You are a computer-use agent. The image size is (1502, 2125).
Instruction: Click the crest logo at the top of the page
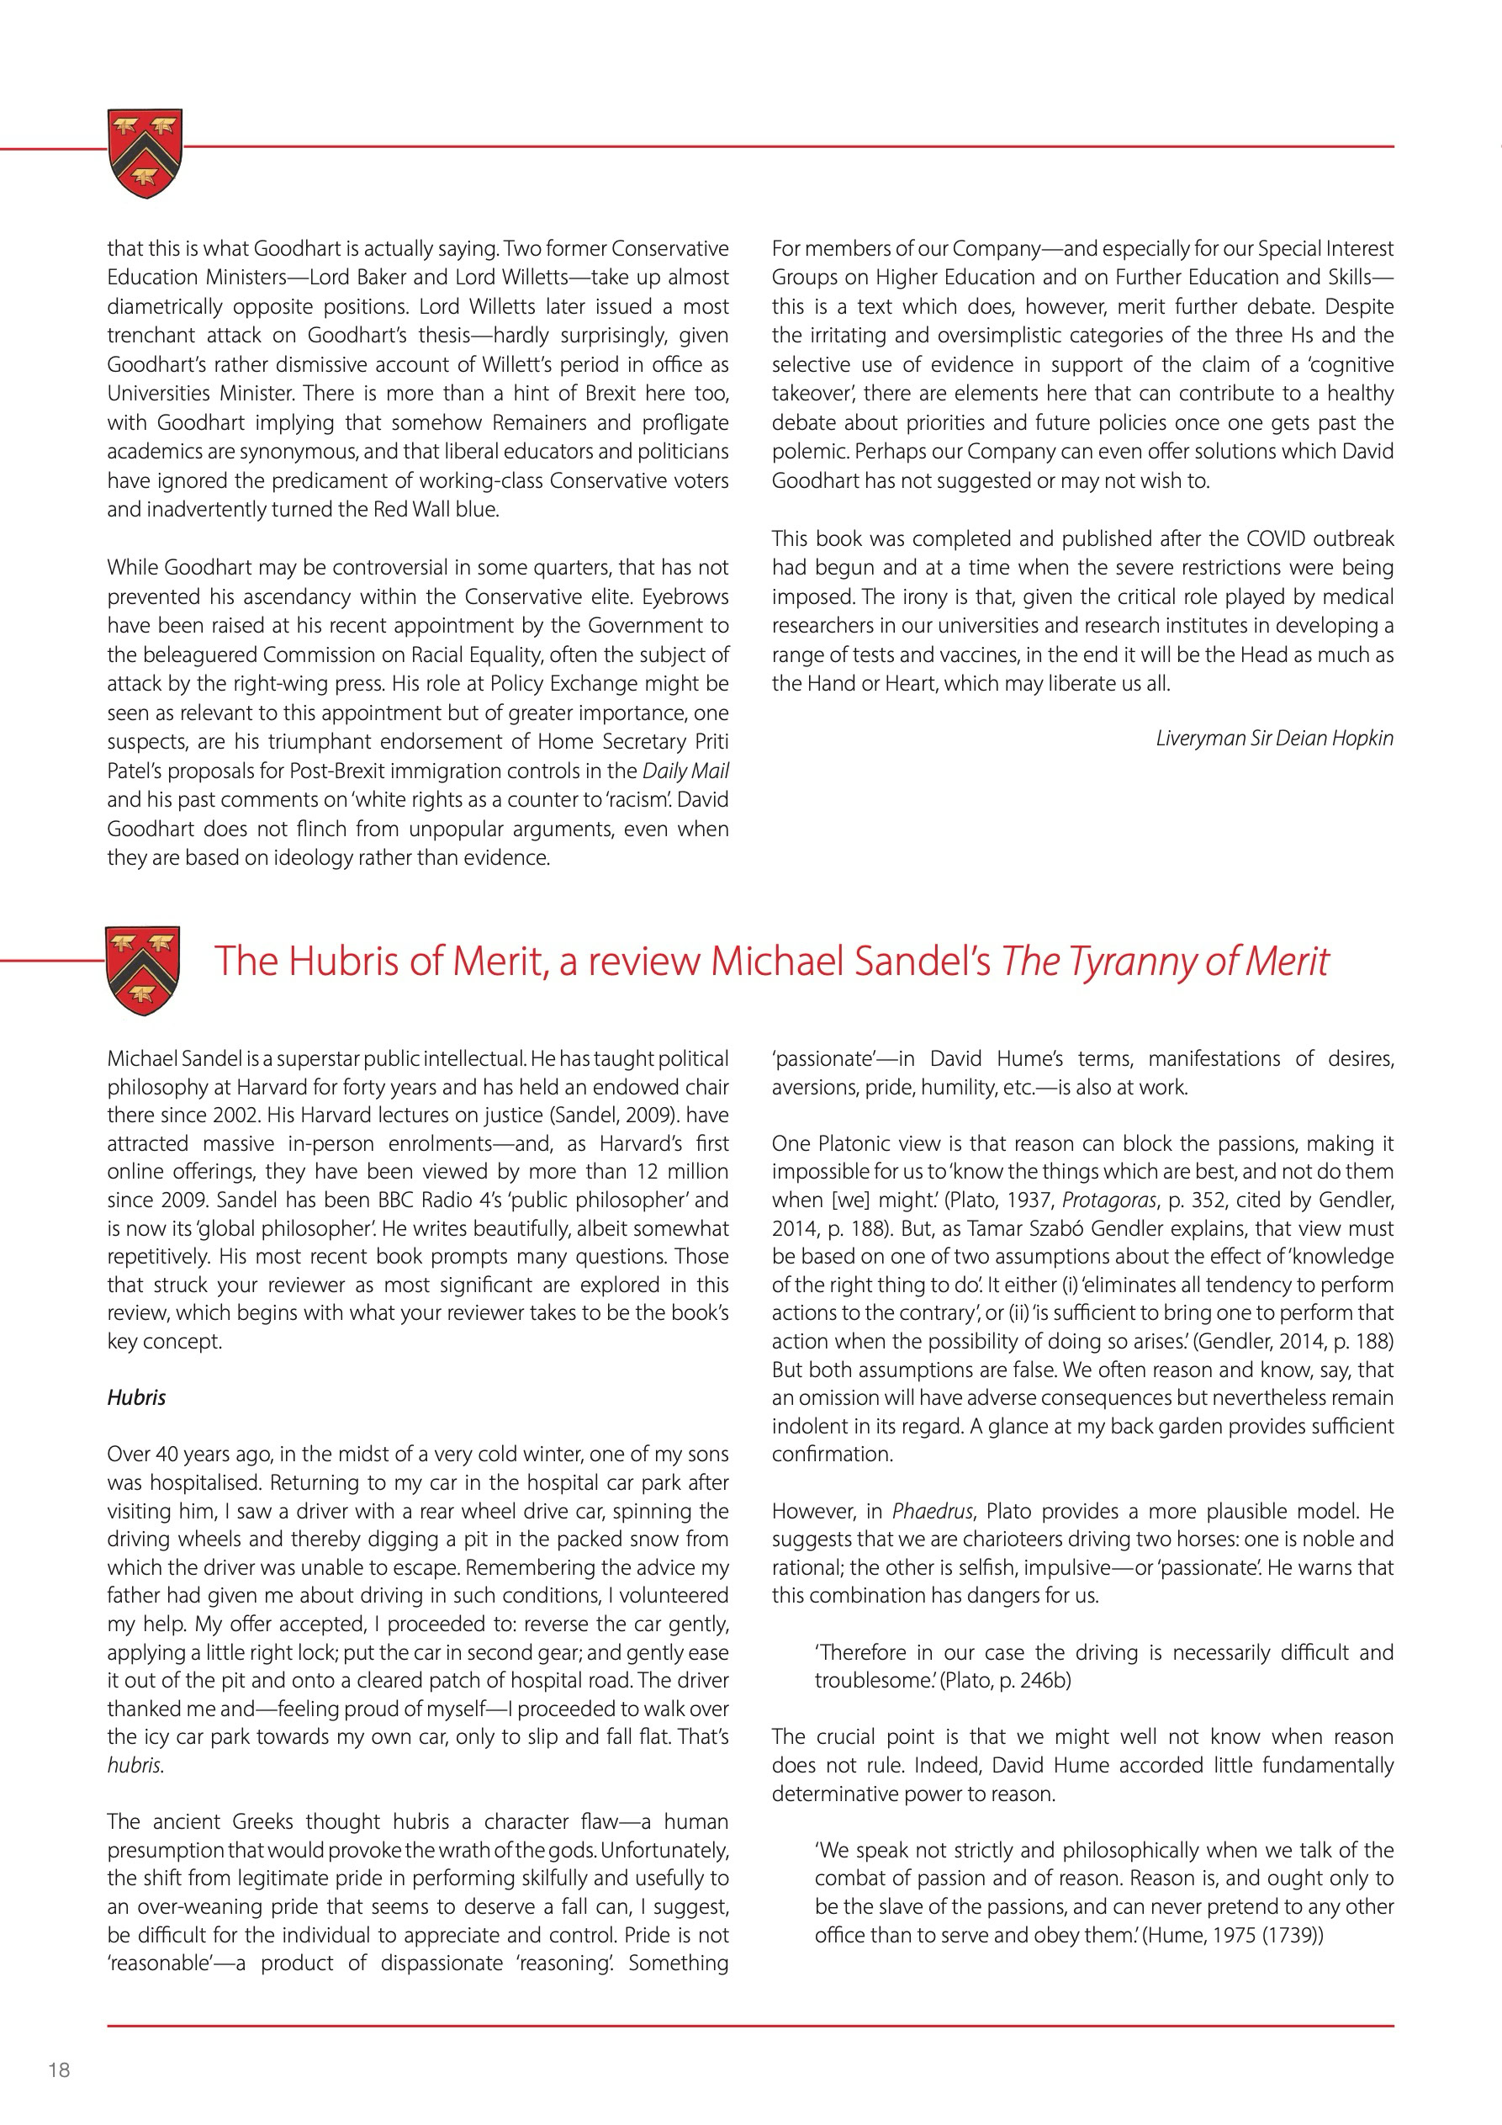pyautogui.click(x=145, y=153)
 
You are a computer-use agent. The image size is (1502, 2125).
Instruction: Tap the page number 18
pyautogui.click(x=59, y=2069)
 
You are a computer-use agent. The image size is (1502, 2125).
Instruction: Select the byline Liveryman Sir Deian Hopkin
pyautogui.click(x=1273, y=738)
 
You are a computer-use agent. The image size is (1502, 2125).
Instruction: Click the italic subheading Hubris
pyautogui.click(x=136, y=1396)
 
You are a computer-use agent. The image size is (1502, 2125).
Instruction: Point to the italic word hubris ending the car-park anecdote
pyautogui.click(x=135, y=1765)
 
